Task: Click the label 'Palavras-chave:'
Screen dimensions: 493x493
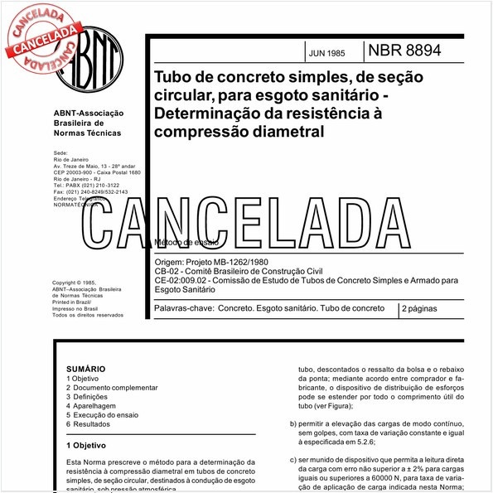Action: pos(182,308)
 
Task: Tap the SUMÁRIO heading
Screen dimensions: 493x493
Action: pos(85,369)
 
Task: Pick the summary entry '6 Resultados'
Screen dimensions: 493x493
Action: pos(88,424)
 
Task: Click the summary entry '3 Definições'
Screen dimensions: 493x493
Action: pos(88,397)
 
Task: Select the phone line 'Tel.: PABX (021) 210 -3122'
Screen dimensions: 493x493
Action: pos(86,185)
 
